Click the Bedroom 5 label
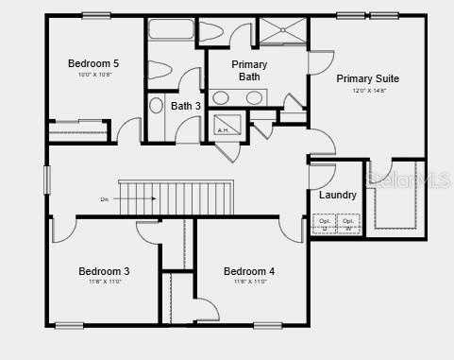(x=93, y=63)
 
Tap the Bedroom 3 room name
(x=104, y=271)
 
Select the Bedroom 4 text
(x=249, y=271)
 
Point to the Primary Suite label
(x=367, y=78)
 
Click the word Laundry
(x=337, y=196)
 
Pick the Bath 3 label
(x=186, y=106)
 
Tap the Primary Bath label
(x=249, y=70)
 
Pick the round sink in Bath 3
(x=156, y=105)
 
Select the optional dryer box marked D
(x=325, y=224)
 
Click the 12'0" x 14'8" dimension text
(x=367, y=91)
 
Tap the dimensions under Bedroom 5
(x=93, y=75)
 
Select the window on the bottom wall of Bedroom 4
(x=267, y=325)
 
